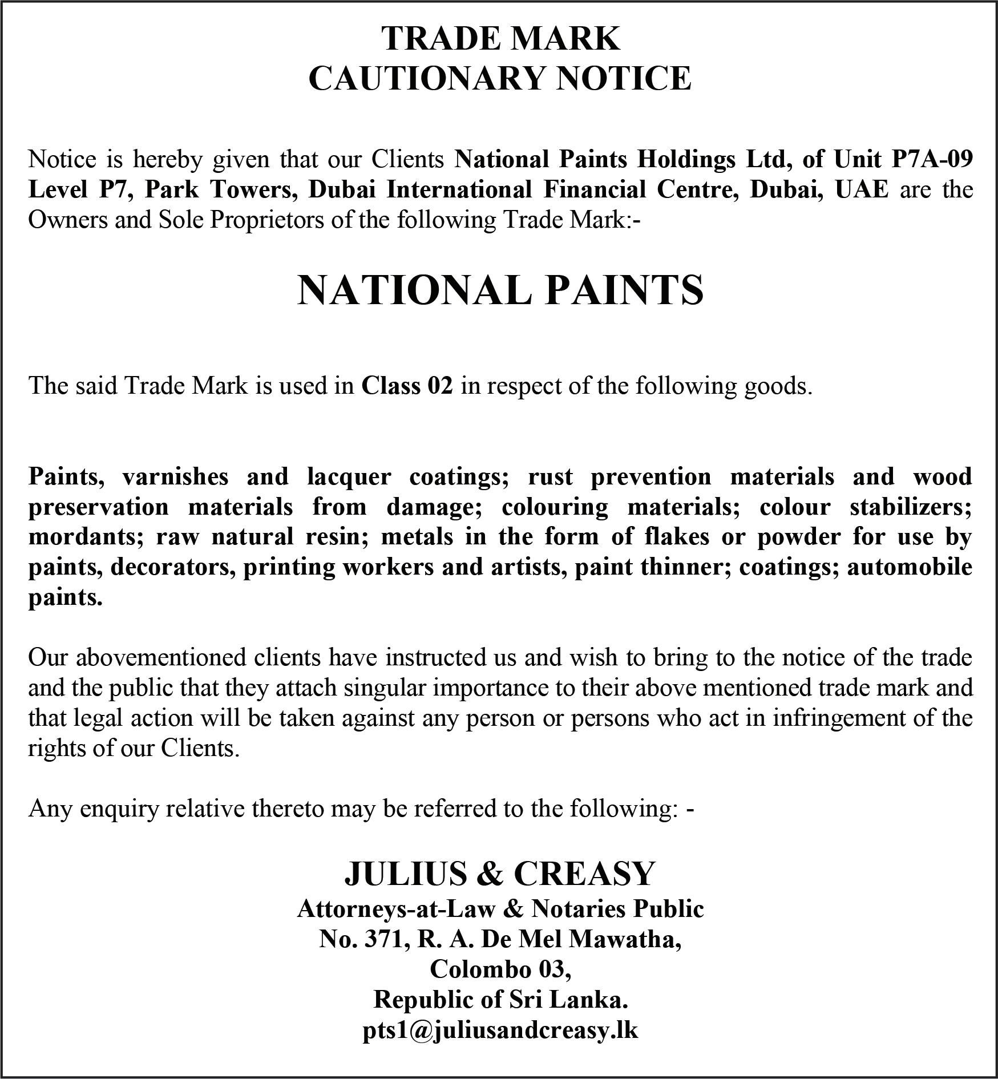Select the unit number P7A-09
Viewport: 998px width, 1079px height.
[932, 159]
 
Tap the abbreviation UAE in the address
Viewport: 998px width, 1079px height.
[862, 189]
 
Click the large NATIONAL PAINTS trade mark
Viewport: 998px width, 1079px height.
[500, 290]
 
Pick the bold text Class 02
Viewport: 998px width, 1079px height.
[407, 386]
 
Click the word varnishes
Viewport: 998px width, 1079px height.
[175, 476]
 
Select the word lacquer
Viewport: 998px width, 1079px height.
[349, 476]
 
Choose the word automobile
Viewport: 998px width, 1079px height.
[910, 567]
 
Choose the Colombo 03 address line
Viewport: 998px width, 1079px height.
[500, 969]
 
